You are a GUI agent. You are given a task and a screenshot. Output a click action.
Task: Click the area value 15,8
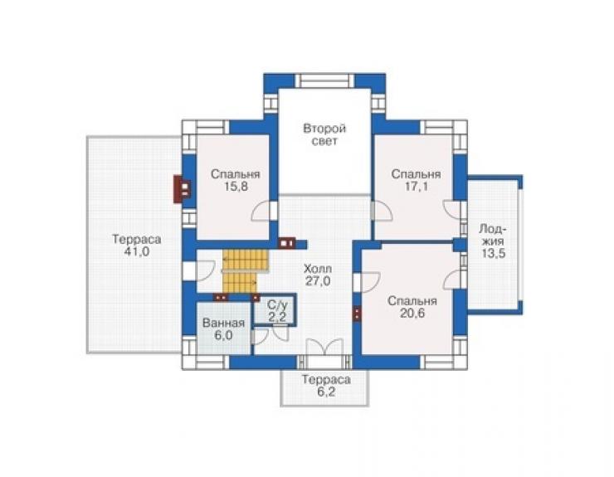click(x=236, y=187)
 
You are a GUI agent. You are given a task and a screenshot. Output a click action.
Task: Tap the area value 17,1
click(x=417, y=187)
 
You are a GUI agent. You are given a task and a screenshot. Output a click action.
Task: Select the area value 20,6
click(x=412, y=314)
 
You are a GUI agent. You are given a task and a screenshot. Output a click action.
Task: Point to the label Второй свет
click(x=324, y=134)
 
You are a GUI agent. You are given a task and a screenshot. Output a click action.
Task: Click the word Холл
click(x=318, y=269)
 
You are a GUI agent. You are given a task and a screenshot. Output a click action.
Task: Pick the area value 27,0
click(x=318, y=281)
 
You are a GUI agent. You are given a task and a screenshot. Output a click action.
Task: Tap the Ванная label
click(x=223, y=323)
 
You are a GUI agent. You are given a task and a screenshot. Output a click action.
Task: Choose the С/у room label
click(x=277, y=304)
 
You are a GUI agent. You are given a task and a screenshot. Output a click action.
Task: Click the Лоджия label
click(x=493, y=235)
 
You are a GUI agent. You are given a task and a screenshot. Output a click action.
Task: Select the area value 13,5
click(x=494, y=253)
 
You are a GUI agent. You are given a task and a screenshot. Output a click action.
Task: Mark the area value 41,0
click(x=137, y=252)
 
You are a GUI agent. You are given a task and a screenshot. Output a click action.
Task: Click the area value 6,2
click(x=326, y=392)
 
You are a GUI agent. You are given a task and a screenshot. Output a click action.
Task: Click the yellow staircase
click(x=246, y=271)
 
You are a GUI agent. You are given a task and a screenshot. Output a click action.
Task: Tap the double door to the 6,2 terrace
click(x=324, y=347)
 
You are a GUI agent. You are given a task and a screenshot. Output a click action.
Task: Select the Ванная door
click(x=260, y=337)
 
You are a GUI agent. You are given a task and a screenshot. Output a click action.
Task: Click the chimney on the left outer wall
click(x=183, y=189)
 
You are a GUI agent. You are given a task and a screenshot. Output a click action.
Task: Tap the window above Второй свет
click(x=324, y=81)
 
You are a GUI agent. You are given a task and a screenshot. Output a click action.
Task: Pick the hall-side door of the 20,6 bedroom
click(x=367, y=282)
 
